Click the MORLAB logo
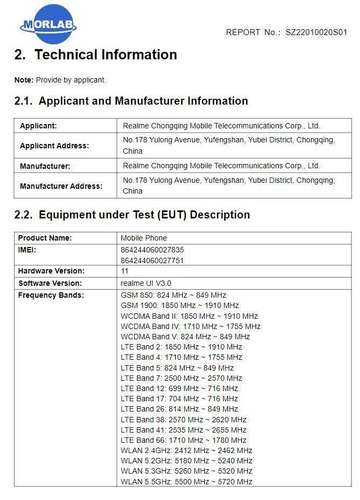[x=49, y=24]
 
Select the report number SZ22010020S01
[x=316, y=32]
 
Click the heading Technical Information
[x=106, y=55]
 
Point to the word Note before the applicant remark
[x=24, y=80]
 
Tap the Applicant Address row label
[x=54, y=146]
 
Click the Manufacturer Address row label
[x=61, y=186]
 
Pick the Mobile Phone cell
[x=144, y=238]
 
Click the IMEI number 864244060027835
[x=153, y=250]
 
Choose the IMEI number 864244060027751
[x=153, y=261]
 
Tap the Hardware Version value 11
[x=124, y=271]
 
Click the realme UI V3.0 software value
[x=146, y=283]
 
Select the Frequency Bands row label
[x=51, y=295]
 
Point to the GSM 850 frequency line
[x=174, y=295]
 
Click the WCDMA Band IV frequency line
[x=191, y=326]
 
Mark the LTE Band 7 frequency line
[x=182, y=378]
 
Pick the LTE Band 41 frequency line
[x=184, y=430]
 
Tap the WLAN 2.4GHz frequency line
[x=186, y=450]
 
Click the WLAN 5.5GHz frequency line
[x=186, y=482]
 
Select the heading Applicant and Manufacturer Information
[x=143, y=101]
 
